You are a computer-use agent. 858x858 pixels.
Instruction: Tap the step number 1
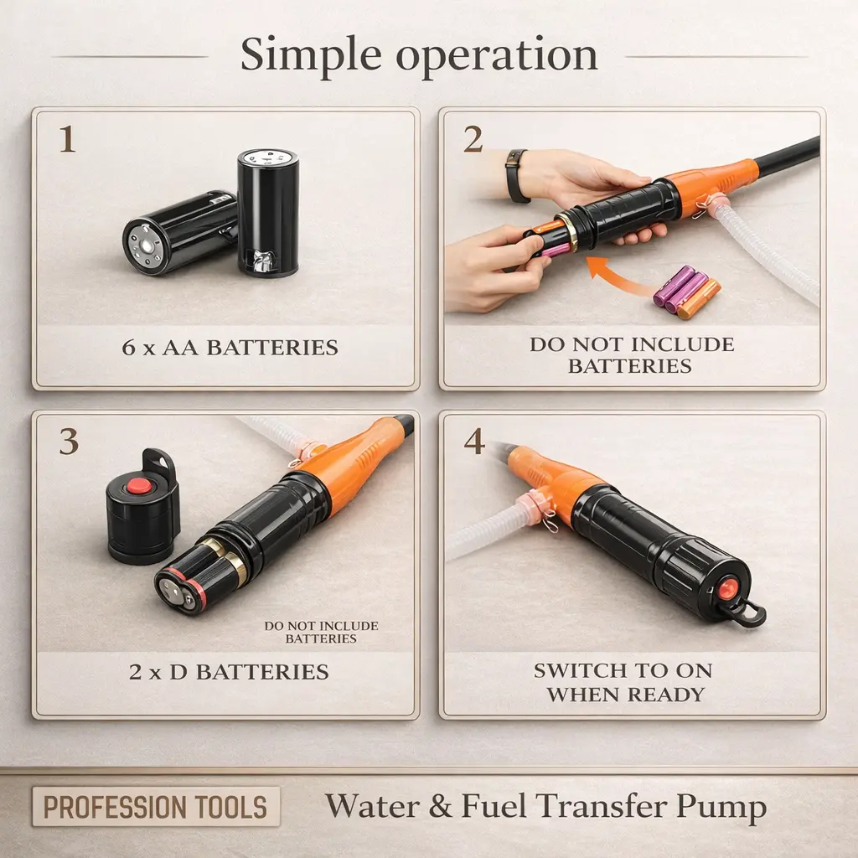(67, 140)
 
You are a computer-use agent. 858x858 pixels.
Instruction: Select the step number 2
(473, 140)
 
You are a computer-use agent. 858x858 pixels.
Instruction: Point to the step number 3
(69, 442)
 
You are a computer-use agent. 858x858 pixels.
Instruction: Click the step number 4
(474, 442)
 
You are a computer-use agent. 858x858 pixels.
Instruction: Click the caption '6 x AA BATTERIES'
(230, 348)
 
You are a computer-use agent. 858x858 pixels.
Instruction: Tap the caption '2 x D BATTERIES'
(229, 672)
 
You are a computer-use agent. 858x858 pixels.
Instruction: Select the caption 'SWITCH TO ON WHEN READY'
(623, 682)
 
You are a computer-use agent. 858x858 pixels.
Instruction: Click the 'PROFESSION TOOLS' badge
(156, 807)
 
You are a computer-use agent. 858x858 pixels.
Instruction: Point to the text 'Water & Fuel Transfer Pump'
(545, 807)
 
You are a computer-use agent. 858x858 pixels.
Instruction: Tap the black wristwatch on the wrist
(517, 176)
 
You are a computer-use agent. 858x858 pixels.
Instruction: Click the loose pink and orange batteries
(686, 292)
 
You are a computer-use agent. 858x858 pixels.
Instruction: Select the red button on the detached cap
(138, 485)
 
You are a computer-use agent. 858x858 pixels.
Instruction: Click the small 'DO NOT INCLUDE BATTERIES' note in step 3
(321, 632)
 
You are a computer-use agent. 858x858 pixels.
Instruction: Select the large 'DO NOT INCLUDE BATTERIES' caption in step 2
(632, 354)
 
